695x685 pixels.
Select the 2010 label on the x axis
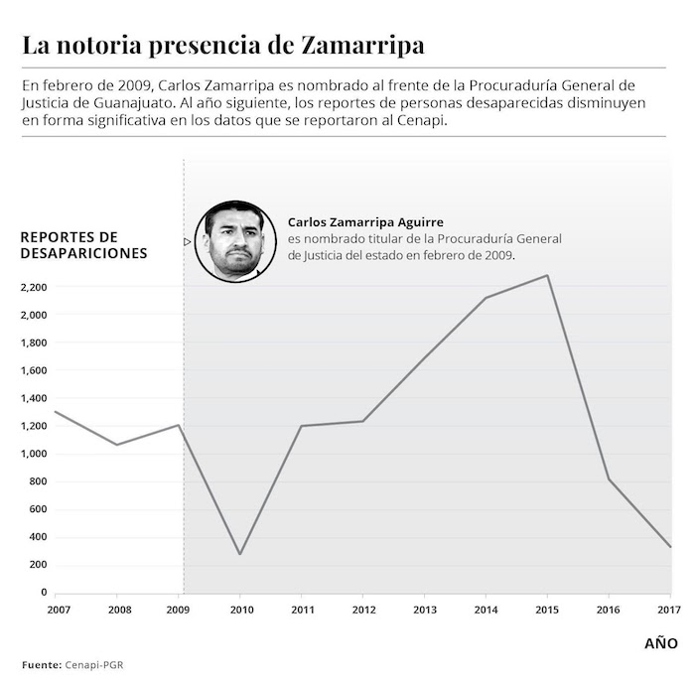(240, 609)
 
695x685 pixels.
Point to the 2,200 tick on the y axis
(34, 287)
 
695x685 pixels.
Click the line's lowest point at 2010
(240, 554)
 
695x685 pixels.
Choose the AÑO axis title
(661, 643)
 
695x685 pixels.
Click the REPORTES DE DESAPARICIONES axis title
(83, 245)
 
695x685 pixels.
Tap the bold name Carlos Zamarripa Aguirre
(366, 222)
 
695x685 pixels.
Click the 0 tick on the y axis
(42, 593)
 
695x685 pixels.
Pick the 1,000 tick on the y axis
(34, 454)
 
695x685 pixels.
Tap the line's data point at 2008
(117, 445)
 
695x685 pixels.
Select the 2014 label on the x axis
(486, 609)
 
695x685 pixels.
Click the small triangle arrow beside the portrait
(187, 241)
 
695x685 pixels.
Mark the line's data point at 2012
(363, 421)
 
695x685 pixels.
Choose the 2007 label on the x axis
(58, 609)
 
